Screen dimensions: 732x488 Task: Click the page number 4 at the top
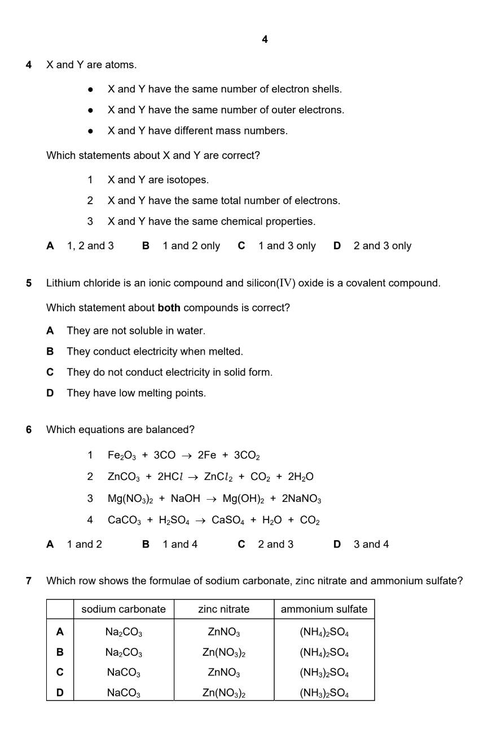[265, 39]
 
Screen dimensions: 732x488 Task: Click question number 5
[29, 283]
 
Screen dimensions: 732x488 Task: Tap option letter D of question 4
[337, 246]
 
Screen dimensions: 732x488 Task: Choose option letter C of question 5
[50, 372]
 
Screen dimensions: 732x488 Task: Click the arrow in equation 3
[212, 499]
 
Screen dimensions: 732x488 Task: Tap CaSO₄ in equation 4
[228, 521]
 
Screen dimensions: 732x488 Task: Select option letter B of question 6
[146, 544]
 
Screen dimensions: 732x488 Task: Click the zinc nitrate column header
[223, 609]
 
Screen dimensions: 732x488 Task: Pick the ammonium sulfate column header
[324, 609]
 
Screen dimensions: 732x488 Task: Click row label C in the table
[60, 673]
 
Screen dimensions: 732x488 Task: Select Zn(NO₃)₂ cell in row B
[223, 652]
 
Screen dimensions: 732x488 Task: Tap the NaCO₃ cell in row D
[124, 693]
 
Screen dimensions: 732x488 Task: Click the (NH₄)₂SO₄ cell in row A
[324, 632]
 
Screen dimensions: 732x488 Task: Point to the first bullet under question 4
[90, 90]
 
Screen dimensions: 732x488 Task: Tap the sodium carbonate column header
[124, 609]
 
